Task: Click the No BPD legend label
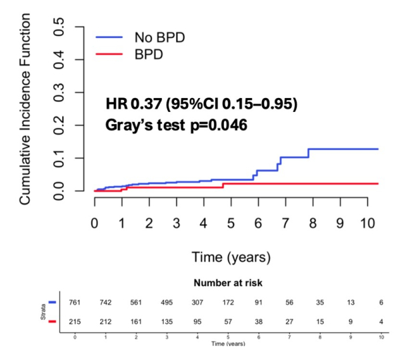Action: click(160, 37)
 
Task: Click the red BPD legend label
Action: click(151, 54)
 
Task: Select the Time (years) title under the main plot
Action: click(231, 256)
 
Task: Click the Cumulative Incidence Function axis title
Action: click(26, 111)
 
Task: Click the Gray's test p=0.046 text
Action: click(177, 125)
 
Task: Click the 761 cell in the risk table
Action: click(75, 303)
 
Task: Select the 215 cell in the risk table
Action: click(75, 321)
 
